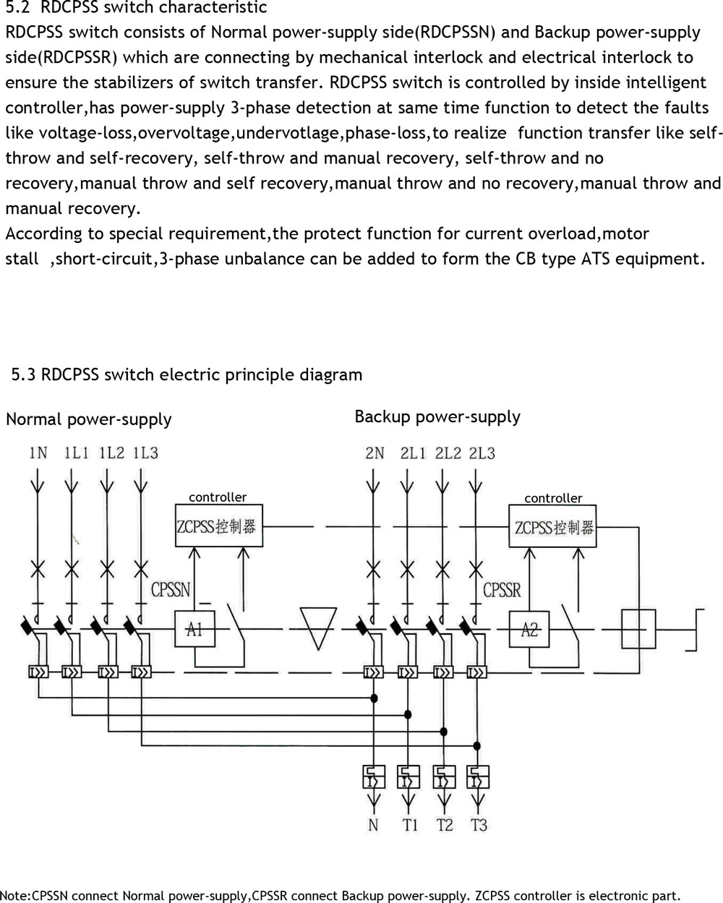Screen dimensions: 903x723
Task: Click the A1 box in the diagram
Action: (194, 629)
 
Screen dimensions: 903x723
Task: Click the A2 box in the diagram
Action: (529, 630)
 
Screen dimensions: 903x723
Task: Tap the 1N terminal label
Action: (38, 453)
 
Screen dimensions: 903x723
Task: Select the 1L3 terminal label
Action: (145, 453)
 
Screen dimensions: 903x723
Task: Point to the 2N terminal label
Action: (375, 454)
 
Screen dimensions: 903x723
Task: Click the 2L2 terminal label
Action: (448, 454)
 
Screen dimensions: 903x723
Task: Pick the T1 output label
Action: (410, 825)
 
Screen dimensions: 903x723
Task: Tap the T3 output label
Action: (479, 825)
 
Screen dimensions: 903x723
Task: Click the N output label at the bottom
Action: (373, 825)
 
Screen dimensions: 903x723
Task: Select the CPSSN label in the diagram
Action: (171, 590)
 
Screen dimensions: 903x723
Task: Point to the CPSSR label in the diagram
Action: (502, 590)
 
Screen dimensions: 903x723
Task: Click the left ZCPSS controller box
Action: (217, 526)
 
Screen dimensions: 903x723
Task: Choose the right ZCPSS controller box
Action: (553, 527)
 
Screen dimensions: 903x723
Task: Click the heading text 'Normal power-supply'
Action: (88, 419)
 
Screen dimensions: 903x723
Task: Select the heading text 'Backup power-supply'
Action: (437, 416)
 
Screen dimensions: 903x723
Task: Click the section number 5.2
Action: (17, 8)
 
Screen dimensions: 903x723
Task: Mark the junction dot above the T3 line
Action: (476, 745)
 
